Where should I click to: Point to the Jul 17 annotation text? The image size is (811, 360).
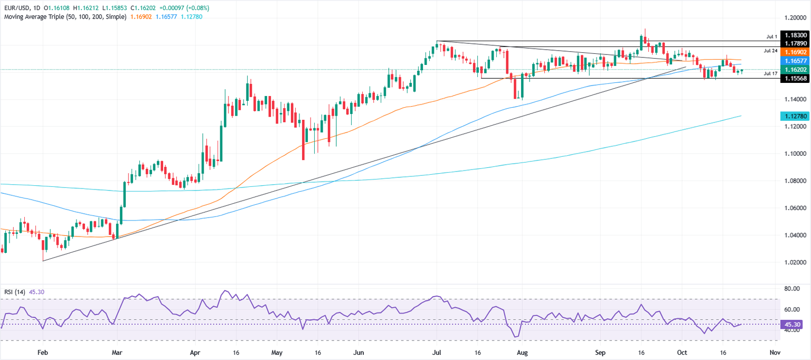tap(771, 74)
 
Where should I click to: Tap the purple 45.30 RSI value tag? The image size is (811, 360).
tap(790, 325)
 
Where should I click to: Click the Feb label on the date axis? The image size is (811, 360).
tap(42, 352)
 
